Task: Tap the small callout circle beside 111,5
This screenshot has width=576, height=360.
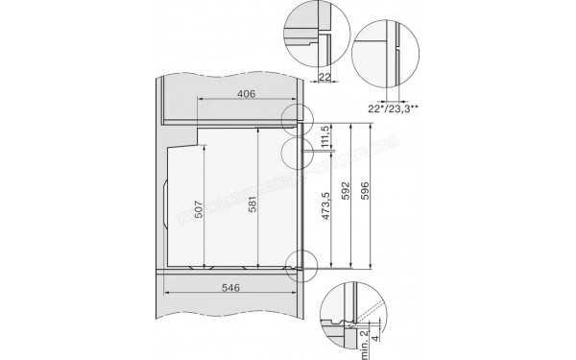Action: tap(300, 153)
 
